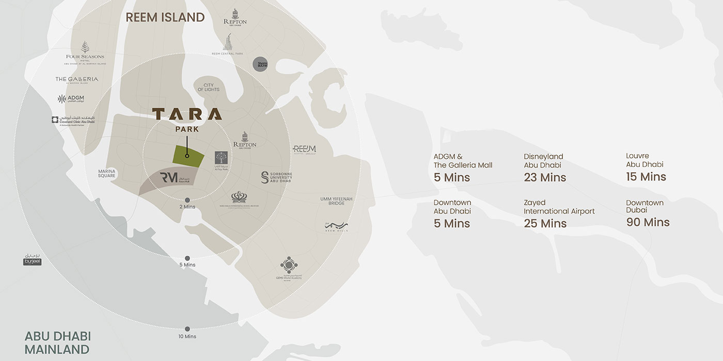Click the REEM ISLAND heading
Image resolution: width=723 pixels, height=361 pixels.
165,17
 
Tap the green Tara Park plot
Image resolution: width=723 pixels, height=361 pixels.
187,155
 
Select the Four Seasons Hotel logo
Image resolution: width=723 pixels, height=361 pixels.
85,52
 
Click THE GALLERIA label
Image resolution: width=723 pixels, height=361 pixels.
76,79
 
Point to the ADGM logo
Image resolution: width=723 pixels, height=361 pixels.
71,98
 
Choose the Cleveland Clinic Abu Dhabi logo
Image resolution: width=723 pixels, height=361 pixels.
73,120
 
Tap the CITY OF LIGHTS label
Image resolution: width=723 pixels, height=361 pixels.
208,87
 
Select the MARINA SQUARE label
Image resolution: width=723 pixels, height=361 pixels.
107,173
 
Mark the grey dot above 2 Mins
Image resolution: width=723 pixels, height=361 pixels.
187,200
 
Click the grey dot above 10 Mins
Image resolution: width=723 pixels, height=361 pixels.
187,329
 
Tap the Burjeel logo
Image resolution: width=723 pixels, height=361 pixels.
32,260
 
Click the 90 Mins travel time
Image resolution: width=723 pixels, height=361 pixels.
648,222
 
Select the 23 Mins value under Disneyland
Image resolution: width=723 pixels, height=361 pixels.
545,177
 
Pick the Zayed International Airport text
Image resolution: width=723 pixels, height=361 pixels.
559,207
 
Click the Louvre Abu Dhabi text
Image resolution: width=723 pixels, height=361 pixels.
645,160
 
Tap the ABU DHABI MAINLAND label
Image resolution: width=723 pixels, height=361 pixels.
57,342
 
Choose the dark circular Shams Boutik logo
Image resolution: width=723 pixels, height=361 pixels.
260,64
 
